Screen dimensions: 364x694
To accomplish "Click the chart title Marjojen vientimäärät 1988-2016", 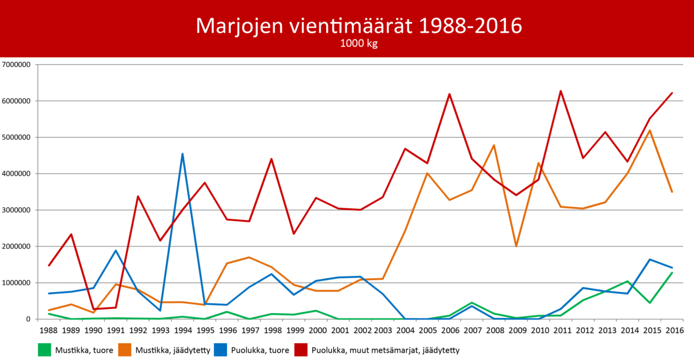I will [x=359, y=25].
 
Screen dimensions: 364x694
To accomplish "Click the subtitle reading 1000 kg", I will [x=359, y=44].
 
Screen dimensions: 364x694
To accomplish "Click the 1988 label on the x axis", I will [x=49, y=330].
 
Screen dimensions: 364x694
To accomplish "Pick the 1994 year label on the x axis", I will [x=182, y=330].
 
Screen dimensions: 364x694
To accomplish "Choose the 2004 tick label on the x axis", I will [x=405, y=330].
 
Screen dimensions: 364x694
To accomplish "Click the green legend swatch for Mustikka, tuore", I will [x=44, y=350].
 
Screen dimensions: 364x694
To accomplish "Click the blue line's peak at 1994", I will [x=182, y=154].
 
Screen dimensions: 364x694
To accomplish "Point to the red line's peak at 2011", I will [x=560, y=91].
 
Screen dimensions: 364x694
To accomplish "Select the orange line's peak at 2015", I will [x=649, y=130].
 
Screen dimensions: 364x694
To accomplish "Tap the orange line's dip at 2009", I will [x=516, y=246].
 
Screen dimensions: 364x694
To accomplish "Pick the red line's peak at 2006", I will [x=449, y=94].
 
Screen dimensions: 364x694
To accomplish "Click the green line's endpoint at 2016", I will [x=671, y=273].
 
